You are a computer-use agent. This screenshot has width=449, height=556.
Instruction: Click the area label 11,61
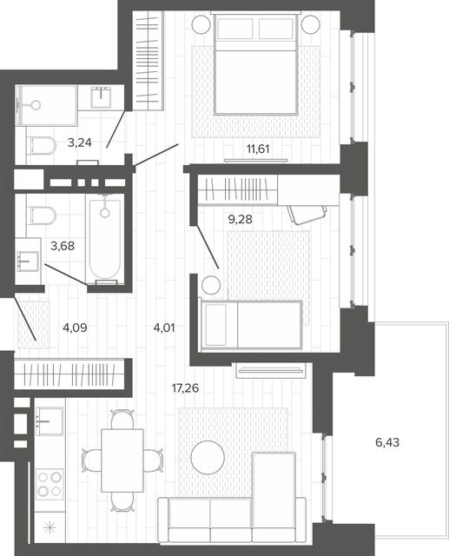(x=258, y=149)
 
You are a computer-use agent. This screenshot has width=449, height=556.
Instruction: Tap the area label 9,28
(x=241, y=220)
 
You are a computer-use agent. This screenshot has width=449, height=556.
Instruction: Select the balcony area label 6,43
(x=387, y=442)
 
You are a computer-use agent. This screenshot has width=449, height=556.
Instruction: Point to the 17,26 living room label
(x=185, y=388)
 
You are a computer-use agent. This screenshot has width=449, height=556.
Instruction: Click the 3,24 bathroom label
(x=80, y=142)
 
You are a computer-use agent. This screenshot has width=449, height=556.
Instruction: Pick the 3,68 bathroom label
(x=63, y=245)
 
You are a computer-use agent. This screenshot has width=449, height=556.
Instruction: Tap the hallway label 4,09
(x=75, y=328)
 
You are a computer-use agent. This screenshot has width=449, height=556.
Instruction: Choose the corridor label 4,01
(x=164, y=328)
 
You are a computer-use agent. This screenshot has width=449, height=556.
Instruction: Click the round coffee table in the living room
(x=208, y=457)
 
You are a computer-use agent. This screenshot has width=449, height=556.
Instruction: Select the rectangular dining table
(x=122, y=460)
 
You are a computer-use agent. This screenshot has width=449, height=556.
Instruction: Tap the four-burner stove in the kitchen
(x=50, y=484)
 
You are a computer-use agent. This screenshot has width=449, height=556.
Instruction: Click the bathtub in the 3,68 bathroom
(x=104, y=240)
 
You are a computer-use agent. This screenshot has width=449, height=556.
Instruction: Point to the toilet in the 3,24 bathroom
(x=41, y=145)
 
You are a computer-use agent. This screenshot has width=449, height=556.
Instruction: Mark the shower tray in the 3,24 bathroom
(x=47, y=105)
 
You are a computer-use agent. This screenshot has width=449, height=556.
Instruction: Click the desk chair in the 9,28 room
(x=307, y=215)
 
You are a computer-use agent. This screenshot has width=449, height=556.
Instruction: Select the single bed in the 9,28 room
(x=252, y=324)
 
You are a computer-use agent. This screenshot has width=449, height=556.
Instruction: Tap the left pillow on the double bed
(x=235, y=29)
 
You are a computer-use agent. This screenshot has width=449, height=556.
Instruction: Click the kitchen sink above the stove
(x=50, y=421)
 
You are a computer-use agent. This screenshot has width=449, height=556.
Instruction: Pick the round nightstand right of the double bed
(x=311, y=25)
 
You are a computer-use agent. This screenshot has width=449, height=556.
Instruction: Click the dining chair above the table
(x=122, y=419)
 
